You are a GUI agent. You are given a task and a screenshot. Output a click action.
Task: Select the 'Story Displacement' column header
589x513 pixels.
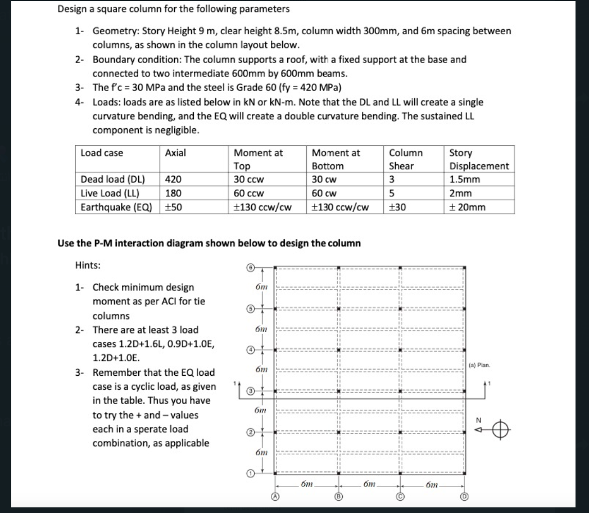pos(479,159)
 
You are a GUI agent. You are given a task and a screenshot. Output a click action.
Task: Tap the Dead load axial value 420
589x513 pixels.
pos(174,180)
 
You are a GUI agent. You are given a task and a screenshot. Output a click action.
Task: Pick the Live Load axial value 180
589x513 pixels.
pos(174,193)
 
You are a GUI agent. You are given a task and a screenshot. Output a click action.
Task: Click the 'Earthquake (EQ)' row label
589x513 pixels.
pos(116,206)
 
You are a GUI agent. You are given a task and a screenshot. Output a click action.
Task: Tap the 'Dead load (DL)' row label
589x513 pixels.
pos(113,180)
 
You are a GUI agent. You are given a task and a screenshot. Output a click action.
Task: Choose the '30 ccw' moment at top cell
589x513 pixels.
pos(249,180)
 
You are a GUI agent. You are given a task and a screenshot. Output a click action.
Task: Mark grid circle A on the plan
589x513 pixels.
pos(275,497)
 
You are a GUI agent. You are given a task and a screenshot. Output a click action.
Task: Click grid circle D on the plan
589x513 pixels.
pos(464,497)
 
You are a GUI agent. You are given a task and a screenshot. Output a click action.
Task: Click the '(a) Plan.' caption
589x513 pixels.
pos(479,365)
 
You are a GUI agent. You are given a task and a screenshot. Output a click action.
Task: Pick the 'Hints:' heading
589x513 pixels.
pos(88,265)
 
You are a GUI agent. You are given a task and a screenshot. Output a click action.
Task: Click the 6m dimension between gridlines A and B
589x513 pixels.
pos(307,484)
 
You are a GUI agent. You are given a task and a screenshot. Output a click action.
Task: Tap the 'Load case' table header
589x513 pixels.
pos(102,153)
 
